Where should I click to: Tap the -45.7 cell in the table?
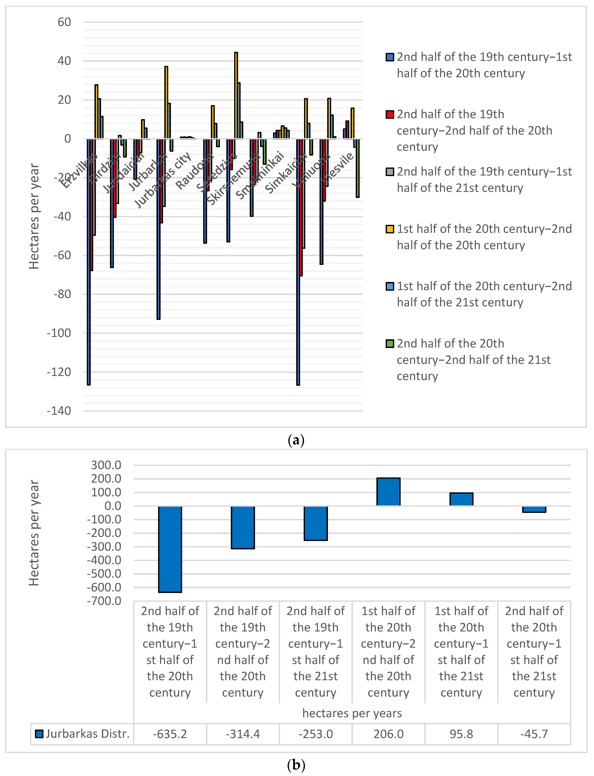534,734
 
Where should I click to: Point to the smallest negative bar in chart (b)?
534,509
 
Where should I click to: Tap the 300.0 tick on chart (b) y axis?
106,465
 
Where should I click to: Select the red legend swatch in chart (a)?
390,114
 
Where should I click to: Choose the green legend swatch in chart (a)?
390,344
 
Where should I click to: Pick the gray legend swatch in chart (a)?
390,172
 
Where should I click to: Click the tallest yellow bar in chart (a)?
236,95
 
